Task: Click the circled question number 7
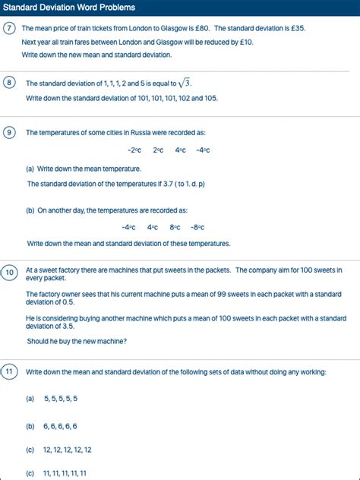[9, 29]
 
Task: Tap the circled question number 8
[9, 84]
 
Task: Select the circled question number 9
[9, 132]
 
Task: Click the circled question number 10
[10, 273]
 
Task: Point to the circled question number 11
[9, 371]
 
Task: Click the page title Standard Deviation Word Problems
[70, 8]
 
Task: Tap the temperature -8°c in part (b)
[197, 227]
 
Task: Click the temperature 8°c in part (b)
[175, 227]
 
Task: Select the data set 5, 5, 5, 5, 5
[61, 398]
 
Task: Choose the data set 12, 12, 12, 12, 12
[68, 450]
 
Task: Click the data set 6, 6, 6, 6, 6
[61, 426]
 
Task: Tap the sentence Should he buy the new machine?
[77, 341]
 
